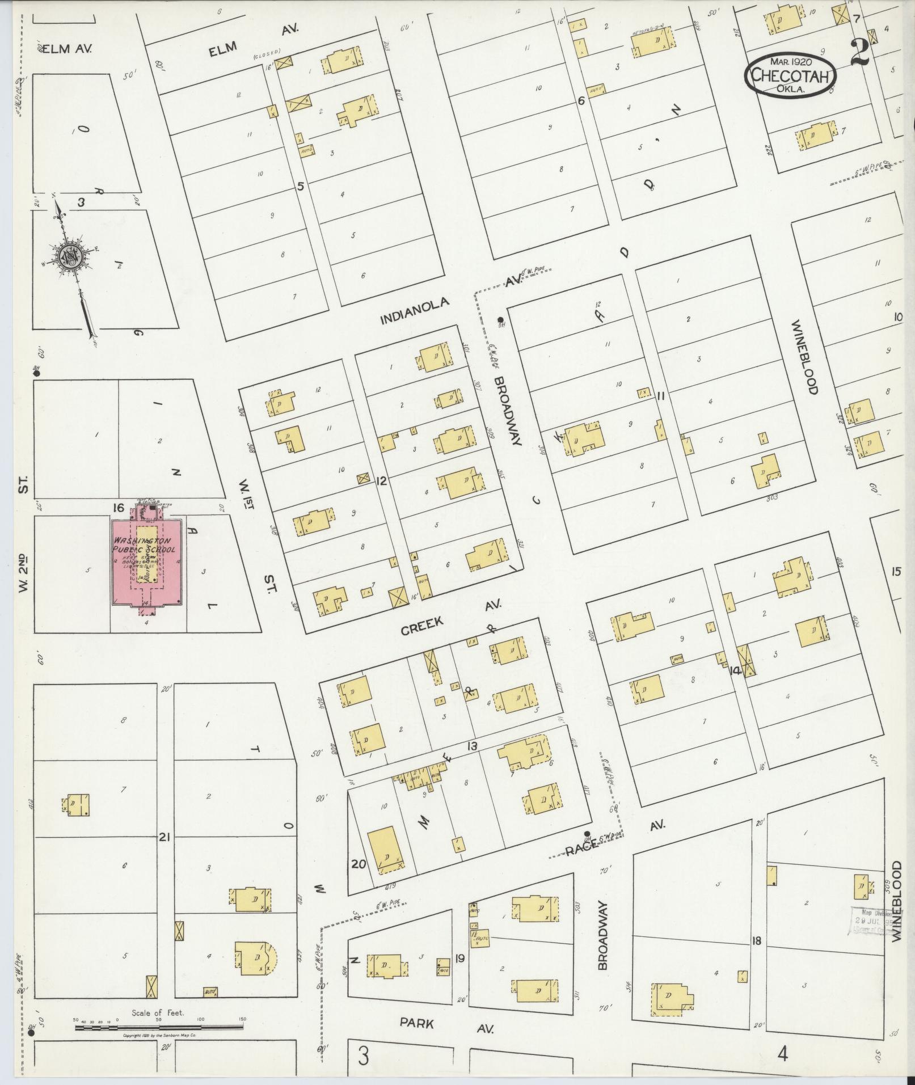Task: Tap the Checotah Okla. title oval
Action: (790, 78)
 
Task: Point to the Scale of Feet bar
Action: (158, 1027)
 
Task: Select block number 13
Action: (472, 746)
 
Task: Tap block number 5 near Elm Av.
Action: (301, 185)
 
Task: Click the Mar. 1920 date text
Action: (791, 61)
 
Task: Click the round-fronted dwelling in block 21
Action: (256, 958)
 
